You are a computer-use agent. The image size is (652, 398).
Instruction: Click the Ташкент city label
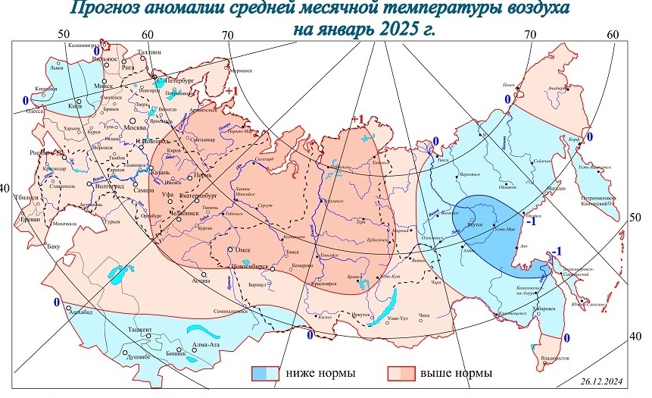click(x=139, y=330)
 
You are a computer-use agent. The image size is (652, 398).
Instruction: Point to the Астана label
click(x=200, y=281)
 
